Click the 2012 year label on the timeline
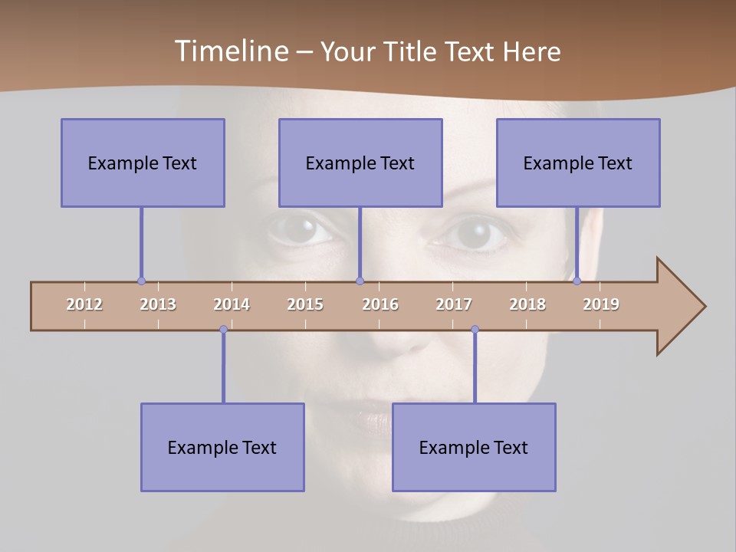tap(84, 304)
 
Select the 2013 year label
tap(158, 304)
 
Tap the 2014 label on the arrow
tap(232, 304)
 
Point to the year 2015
tap(305, 304)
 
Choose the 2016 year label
tap(380, 304)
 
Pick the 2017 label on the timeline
tap(454, 304)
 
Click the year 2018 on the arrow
tap(527, 304)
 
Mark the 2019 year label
tap(601, 304)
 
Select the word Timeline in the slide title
tap(229, 51)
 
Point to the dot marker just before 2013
tap(141, 281)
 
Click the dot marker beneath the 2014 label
tap(223, 330)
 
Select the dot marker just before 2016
tap(360, 281)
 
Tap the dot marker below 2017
tap(475, 330)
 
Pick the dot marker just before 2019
tap(577, 281)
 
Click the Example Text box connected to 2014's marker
tap(222, 447)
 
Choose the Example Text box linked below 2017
tap(474, 447)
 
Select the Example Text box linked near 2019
tap(578, 163)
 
